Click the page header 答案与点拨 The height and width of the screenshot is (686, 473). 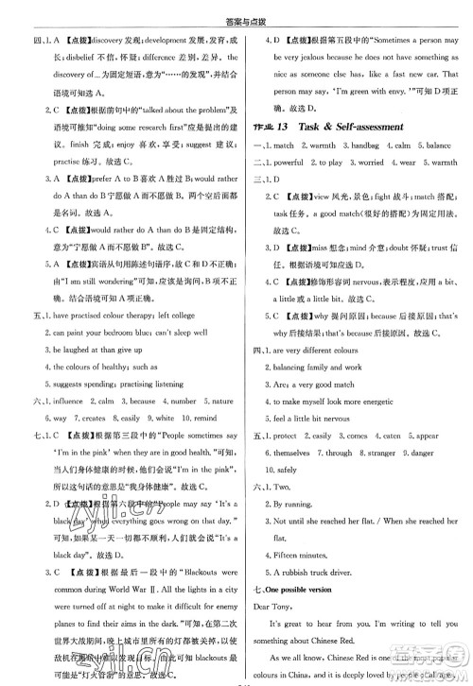(x=236, y=10)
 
